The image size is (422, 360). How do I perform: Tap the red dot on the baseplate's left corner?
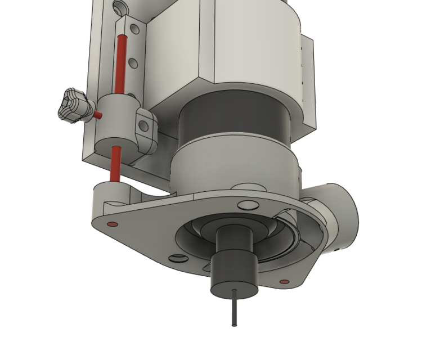point(111,224)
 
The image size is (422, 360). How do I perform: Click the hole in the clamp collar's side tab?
point(145,125)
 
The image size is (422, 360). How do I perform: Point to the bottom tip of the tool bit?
point(234,325)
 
